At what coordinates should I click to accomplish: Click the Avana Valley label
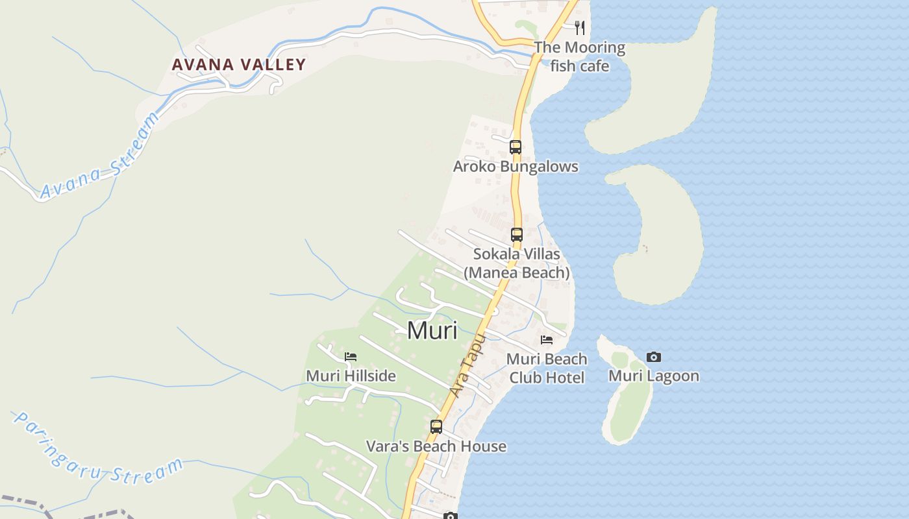[238, 64]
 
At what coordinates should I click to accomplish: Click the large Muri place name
[432, 330]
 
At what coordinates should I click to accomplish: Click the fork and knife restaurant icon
[580, 28]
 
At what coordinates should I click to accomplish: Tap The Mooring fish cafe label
[579, 56]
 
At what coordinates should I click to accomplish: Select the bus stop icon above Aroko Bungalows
[516, 147]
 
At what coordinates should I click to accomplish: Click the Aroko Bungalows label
[516, 167]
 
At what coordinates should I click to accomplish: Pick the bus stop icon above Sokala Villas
[517, 235]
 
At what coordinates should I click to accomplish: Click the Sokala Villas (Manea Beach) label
[517, 263]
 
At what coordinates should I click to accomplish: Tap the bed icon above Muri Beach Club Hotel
[547, 339]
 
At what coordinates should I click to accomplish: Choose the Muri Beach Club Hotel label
[547, 368]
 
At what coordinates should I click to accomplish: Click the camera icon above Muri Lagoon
[654, 357]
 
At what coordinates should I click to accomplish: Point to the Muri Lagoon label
[654, 376]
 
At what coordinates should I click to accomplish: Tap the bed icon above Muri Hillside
[351, 356]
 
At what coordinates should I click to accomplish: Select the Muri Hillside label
[351, 376]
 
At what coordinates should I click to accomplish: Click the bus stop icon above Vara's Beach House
[436, 427]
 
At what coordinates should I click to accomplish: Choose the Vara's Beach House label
[436, 446]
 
